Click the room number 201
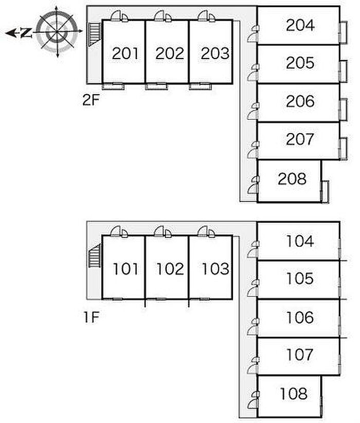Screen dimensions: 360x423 pyautogui.click(x=125, y=53)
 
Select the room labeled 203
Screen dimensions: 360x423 pyautogui.click(x=215, y=53)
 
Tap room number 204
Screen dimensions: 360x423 pyautogui.click(x=300, y=25)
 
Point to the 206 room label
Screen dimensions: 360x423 pyautogui.click(x=300, y=101)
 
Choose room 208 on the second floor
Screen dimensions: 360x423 pyautogui.click(x=292, y=178)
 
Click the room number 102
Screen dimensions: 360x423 pyautogui.click(x=170, y=269)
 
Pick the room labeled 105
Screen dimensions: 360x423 pyautogui.click(x=300, y=279)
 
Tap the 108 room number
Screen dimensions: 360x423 pyautogui.click(x=294, y=394)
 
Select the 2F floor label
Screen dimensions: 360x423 pyautogui.click(x=91, y=100)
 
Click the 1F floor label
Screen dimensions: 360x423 pyautogui.click(x=92, y=317)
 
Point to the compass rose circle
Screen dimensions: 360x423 pyautogui.click(x=57, y=32)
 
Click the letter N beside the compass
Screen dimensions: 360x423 pyautogui.click(x=26, y=33)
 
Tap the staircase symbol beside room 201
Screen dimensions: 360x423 pyautogui.click(x=94, y=34)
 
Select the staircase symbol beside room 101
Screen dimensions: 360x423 pyautogui.click(x=94, y=255)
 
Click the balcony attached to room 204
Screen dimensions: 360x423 pyautogui.click(x=343, y=32)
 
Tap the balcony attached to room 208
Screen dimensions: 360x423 pyautogui.click(x=325, y=192)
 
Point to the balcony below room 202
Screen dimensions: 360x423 pyautogui.click(x=156, y=86)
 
